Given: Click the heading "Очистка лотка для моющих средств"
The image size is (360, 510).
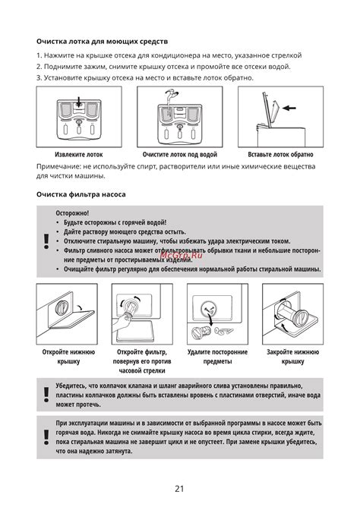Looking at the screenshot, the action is coord(103,42).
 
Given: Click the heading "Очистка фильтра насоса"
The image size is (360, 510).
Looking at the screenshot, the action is coord(81,194).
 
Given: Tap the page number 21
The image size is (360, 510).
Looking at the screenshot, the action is coord(179,489).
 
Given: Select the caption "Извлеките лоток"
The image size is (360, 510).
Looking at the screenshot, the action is coord(79,155).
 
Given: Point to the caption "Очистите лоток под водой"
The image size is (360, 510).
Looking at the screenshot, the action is coord(180,155).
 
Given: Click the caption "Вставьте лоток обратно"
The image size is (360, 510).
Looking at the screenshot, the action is coord(280,155).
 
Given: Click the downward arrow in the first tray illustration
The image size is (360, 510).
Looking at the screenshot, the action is coord(78,101).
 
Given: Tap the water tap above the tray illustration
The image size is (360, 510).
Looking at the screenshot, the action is coord(170,97).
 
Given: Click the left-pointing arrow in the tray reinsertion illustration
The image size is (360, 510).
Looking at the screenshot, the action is coord(289,108).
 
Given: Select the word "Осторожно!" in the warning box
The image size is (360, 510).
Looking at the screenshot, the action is coord(72,213).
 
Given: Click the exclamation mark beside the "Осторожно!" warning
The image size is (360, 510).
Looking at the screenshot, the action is coord(46,241).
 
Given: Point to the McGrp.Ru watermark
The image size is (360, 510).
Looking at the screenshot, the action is coord(182,255).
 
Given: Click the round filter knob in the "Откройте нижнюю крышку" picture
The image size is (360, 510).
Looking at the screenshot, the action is coord(62,307).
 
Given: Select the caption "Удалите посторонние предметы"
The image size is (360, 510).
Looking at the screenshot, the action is coord(217,357).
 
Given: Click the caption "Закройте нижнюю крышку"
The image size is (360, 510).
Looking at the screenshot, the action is coord(293,357).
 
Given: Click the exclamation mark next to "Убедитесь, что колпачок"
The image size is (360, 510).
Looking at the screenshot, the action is coord(46,395).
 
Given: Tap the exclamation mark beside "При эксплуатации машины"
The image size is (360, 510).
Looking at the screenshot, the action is coord(46,437).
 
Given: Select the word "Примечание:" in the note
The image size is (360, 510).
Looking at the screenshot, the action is coord(58,166).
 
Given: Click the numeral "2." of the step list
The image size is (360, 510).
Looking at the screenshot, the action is coord(39,67).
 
